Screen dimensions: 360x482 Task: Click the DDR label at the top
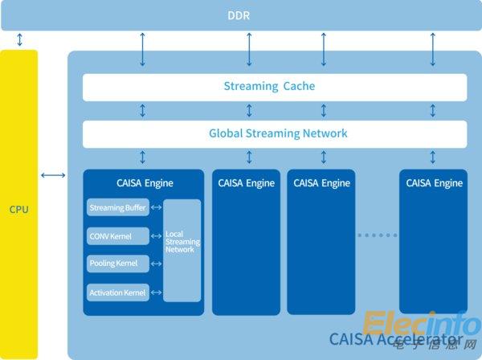point(241,15)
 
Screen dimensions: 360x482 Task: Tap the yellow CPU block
point(19,209)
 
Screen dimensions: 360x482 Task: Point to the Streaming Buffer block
point(117,208)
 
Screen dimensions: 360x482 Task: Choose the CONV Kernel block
point(117,236)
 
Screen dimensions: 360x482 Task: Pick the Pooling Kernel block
point(117,264)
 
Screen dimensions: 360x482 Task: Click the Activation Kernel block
point(117,292)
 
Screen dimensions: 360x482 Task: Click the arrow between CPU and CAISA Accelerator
point(53,175)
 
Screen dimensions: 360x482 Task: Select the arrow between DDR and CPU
point(19,40)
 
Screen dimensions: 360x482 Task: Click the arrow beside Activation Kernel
point(156,292)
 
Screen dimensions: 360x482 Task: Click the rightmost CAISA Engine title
point(434,183)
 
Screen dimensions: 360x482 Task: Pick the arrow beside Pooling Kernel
point(156,264)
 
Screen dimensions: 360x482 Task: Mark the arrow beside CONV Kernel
point(156,236)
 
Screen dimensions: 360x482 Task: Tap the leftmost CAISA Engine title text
point(145,183)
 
